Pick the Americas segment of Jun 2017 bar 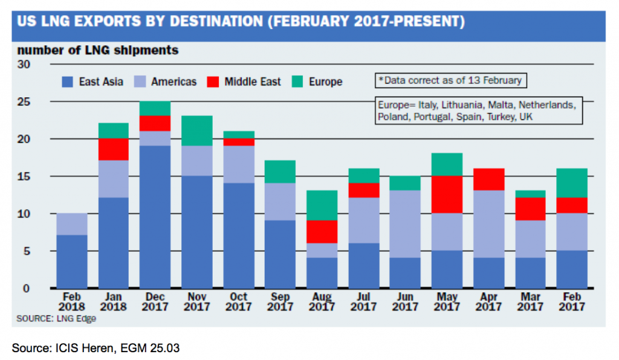[x=405, y=224]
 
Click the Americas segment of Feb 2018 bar [x=71, y=224]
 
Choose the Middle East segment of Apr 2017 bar [x=489, y=179]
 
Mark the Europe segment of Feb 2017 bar [x=572, y=183]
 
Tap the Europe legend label [x=325, y=82]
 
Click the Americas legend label [x=174, y=82]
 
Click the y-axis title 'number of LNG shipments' [x=98, y=50]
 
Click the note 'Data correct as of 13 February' [x=450, y=80]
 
